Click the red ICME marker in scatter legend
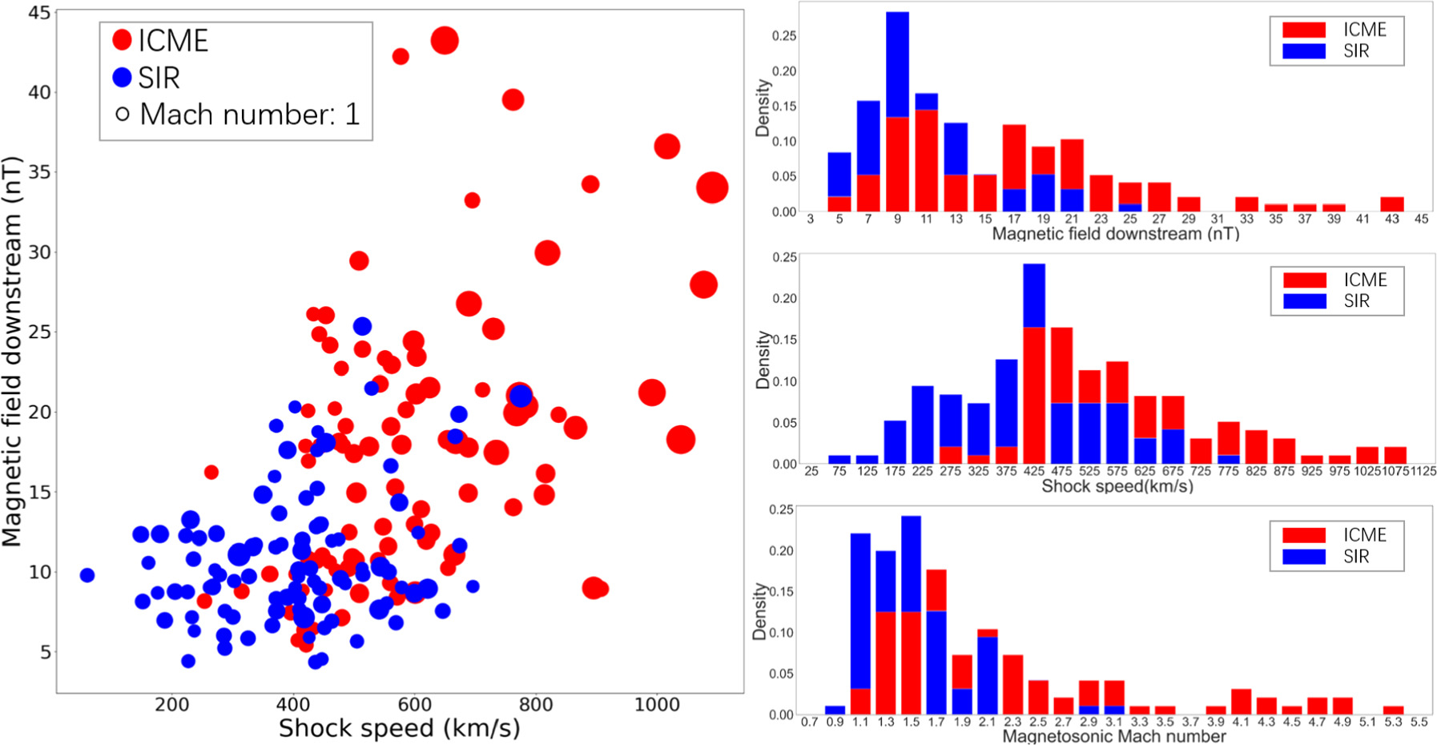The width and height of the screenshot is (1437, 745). click(x=122, y=40)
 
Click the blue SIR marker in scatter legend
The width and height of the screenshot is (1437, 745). click(x=122, y=77)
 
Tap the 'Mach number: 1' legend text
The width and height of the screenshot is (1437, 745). click(x=249, y=115)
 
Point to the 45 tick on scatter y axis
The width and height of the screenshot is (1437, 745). click(x=39, y=13)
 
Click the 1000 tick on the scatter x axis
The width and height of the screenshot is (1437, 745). click(x=657, y=705)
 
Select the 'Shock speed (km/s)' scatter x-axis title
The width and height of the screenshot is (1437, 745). click(x=399, y=728)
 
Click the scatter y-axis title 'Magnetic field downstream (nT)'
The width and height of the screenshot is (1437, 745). click(x=11, y=352)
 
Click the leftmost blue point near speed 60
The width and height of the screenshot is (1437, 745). click(x=87, y=575)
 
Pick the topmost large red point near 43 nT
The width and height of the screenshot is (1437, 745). click(x=445, y=40)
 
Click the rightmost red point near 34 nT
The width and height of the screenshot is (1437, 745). click(x=712, y=187)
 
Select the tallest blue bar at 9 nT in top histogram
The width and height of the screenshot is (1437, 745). click(x=897, y=64)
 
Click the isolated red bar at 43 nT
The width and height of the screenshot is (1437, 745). click(x=1392, y=204)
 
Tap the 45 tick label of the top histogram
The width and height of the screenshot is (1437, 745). click(x=1421, y=219)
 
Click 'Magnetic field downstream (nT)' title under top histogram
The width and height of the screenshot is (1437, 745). click(x=1115, y=234)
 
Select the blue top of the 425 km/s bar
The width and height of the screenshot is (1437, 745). click(x=1034, y=295)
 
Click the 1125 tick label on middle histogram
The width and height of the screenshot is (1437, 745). click(x=1423, y=471)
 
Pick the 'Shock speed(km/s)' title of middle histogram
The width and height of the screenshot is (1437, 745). click(x=1117, y=486)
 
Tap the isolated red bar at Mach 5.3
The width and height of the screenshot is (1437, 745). click(x=1393, y=710)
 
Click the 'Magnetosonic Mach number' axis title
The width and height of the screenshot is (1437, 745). click(x=1113, y=736)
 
